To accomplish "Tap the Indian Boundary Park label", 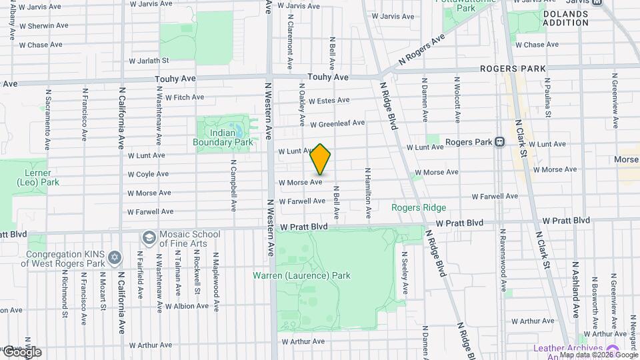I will click(x=223, y=137).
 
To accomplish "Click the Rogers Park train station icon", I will click(x=499, y=142).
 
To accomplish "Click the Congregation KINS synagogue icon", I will click(x=115, y=257).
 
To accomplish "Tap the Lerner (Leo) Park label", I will click(x=37, y=177).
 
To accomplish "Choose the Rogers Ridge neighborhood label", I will click(x=419, y=207).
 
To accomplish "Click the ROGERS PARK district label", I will click(x=513, y=69).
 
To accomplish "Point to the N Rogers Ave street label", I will click(x=421, y=51).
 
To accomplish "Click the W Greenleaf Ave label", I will click(x=337, y=123).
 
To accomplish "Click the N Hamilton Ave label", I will click(x=367, y=193).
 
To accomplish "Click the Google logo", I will click(x=21, y=351).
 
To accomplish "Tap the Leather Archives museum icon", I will click(x=611, y=350).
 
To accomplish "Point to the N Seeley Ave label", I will click(x=405, y=273).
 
